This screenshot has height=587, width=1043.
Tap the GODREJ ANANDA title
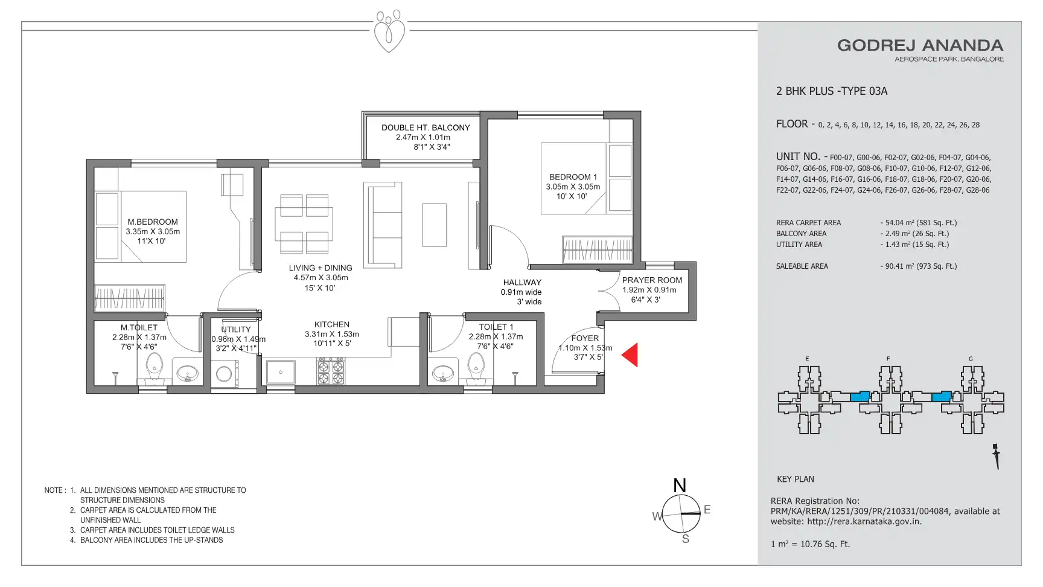[920, 45]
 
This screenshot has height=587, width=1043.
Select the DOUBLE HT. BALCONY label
[426, 127]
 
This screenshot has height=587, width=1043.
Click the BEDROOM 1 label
[573, 177]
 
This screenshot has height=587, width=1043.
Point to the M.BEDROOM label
[153, 222]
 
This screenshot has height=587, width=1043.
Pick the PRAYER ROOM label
[652, 280]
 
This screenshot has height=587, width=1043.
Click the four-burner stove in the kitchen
[331, 371]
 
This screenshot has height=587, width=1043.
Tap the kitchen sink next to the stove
[281, 372]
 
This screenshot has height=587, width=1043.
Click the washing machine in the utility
[224, 373]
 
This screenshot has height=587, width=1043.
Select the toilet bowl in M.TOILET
[155, 368]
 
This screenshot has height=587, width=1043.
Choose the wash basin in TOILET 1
[443, 374]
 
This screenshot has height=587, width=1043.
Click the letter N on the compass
[680, 486]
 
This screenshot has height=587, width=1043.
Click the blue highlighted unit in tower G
[942, 397]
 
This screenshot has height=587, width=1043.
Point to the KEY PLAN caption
[796, 479]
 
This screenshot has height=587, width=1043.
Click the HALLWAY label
[522, 282]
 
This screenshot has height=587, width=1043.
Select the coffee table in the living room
[435, 225]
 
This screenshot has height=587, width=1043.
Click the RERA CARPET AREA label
[808, 223]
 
